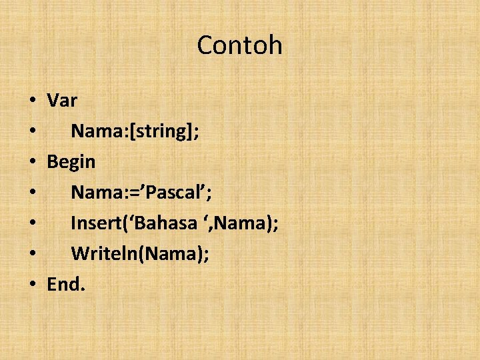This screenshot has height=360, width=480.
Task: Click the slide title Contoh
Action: click(240, 45)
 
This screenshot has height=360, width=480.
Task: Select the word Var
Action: click(62, 101)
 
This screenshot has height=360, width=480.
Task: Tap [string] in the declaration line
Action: click(163, 131)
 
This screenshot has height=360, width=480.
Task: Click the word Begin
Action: click(71, 162)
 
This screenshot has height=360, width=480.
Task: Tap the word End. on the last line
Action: click(66, 285)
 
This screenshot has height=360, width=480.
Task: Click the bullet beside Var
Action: click(33, 101)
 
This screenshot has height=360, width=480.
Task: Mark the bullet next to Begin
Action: click(33, 163)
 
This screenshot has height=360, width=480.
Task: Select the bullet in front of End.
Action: click(33, 285)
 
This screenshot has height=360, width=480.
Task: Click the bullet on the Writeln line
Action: click(33, 255)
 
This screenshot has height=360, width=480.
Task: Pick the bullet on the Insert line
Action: click(33, 224)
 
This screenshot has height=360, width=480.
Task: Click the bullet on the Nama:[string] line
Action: click(33, 132)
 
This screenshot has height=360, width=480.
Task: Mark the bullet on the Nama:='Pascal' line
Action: click(33, 193)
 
